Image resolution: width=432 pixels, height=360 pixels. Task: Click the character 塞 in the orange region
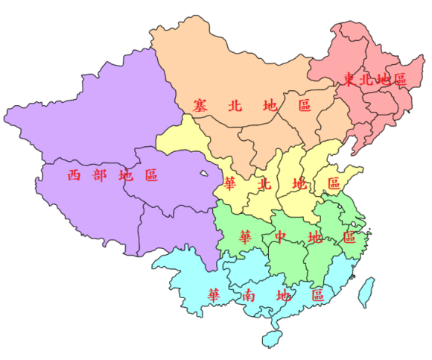[198, 106]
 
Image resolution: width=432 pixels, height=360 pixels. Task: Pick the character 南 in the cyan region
[250, 295]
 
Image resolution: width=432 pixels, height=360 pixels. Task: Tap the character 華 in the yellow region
[231, 183]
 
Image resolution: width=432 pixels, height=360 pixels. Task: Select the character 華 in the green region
[245, 238]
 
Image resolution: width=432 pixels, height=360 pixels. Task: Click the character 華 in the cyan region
[215, 295]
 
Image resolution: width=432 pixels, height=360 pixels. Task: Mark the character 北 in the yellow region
[264, 183]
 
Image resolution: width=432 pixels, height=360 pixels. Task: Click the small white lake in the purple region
[204, 176]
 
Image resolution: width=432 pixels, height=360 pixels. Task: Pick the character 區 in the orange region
[304, 106]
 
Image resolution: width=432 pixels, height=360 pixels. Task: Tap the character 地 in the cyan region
[284, 295]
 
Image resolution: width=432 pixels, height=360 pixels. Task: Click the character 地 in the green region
[314, 238]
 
